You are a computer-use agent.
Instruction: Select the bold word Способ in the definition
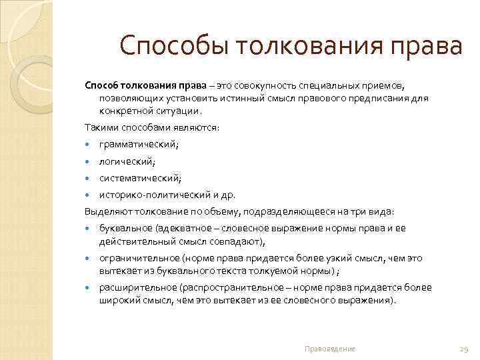pos(101,86)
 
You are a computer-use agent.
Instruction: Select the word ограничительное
pos(135,258)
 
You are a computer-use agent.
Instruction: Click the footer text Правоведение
pos(329,349)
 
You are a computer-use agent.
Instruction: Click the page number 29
pos(464,349)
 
